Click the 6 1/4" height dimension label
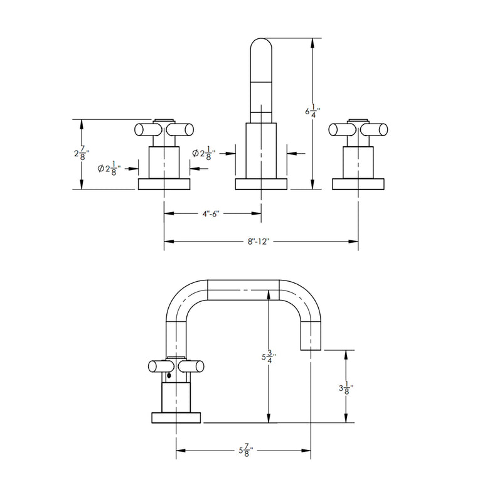tap(309, 112)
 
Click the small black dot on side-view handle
tap(168, 377)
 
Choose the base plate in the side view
tap(176, 417)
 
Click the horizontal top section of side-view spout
tap(243, 287)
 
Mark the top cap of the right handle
tap(358, 119)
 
